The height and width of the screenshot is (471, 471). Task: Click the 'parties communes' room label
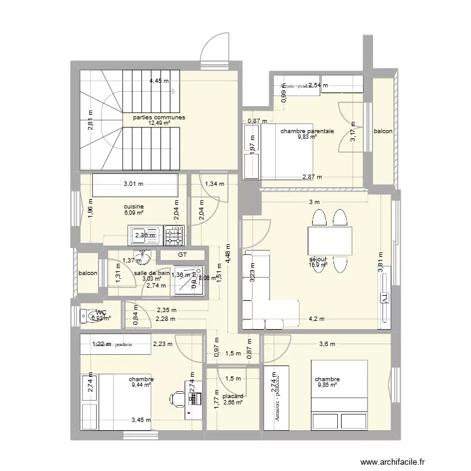tap(158, 117)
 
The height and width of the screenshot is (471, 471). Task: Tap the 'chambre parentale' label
tap(306, 131)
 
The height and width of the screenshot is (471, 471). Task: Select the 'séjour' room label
tap(318, 258)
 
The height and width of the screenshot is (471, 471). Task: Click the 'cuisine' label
tap(134, 207)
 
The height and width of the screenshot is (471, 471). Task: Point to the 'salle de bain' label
tap(151, 273)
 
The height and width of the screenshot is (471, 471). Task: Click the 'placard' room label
tap(232, 396)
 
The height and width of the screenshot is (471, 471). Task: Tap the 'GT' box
tap(182, 255)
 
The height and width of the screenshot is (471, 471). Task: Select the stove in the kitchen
tap(174, 235)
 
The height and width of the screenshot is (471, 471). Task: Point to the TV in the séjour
tap(382, 301)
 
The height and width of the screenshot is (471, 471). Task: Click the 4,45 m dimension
tap(160, 80)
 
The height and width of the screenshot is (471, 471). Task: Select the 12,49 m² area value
tap(159, 124)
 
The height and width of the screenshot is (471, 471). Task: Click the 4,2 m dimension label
tap(317, 319)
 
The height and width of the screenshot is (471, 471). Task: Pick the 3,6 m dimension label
tap(327, 344)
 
